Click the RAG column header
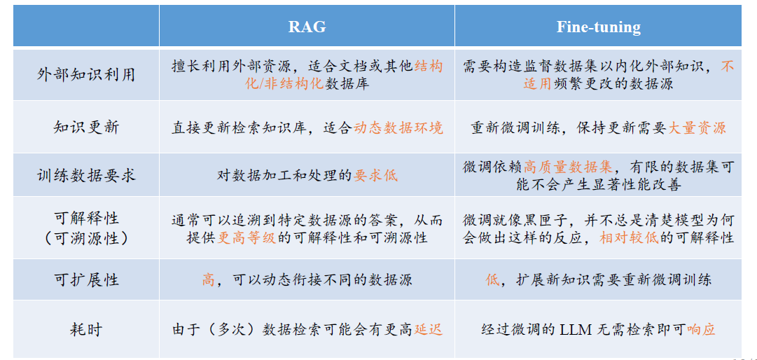click(x=307, y=27)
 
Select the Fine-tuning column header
click(x=598, y=27)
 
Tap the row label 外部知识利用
click(x=86, y=74)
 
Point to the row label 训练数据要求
click(x=86, y=174)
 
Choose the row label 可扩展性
click(x=86, y=279)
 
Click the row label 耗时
click(x=86, y=330)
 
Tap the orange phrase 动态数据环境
click(x=398, y=127)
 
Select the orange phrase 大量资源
click(x=697, y=127)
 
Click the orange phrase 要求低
click(x=375, y=175)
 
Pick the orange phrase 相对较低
click(x=629, y=237)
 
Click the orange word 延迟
click(x=428, y=330)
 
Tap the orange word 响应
click(x=700, y=330)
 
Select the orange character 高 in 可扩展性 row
click(x=209, y=279)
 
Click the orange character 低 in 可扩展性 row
click(x=492, y=279)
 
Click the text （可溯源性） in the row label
click(x=86, y=238)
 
